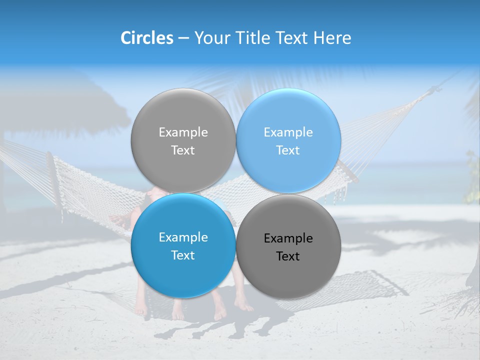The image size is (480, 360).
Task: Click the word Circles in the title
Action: click(x=147, y=38)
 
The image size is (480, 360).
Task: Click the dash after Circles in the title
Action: click(x=183, y=38)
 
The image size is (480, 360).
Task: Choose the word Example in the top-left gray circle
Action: click(x=183, y=132)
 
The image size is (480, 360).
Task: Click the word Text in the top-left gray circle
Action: click(x=183, y=150)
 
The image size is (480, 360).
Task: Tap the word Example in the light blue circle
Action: click(x=288, y=132)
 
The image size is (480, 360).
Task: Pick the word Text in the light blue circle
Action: click(x=288, y=150)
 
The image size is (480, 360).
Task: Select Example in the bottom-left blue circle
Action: click(x=183, y=237)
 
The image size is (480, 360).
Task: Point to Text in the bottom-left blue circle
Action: click(x=183, y=255)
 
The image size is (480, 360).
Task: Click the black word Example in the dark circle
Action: click(x=288, y=238)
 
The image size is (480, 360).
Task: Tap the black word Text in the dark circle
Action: click(x=288, y=256)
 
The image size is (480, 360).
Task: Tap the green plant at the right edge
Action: click(x=471, y=167)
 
